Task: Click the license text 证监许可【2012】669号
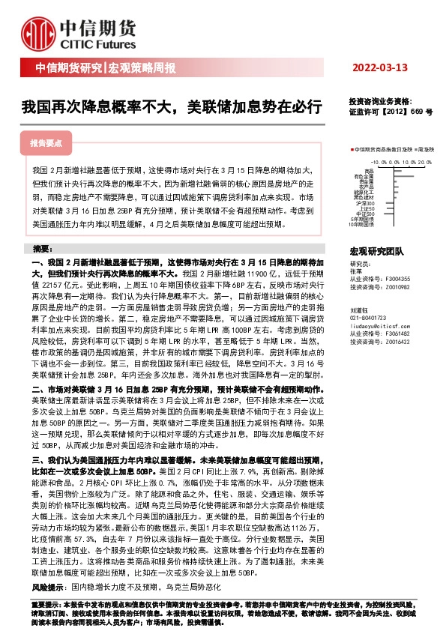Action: point(391,110)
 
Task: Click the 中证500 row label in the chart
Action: point(365,214)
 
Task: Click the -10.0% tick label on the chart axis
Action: point(377,160)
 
